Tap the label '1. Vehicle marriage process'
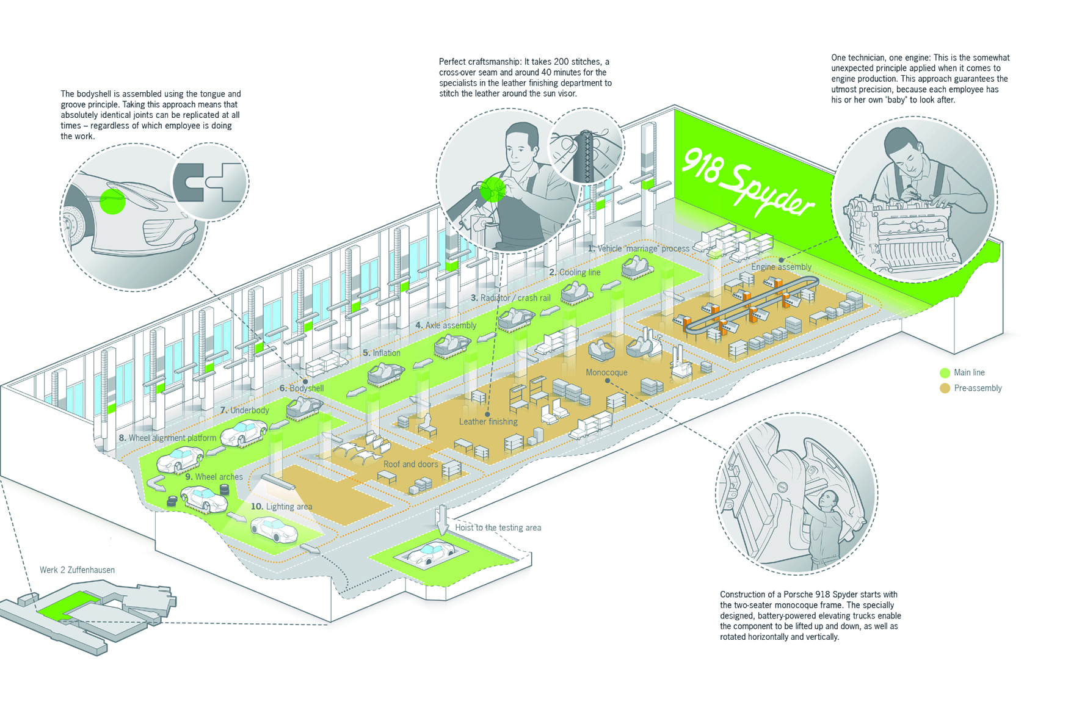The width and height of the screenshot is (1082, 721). pyautogui.click(x=638, y=248)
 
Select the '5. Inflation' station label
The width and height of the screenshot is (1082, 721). pyautogui.click(x=382, y=353)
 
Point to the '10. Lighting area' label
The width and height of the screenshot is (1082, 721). pyautogui.click(x=281, y=507)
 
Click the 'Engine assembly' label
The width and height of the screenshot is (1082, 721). pyautogui.click(x=781, y=267)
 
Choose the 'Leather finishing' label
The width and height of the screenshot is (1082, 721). pyautogui.click(x=488, y=422)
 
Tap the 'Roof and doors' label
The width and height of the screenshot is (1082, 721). pyautogui.click(x=411, y=464)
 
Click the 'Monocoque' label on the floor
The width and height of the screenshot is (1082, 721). pyautogui.click(x=606, y=372)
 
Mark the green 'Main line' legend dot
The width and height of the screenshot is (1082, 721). pyautogui.click(x=945, y=373)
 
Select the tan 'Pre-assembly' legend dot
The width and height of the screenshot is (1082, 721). pyautogui.click(x=945, y=389)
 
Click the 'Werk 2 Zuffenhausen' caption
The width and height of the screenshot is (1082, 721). pyautogui.click(x=77, y=570)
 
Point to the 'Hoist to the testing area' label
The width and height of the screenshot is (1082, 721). pyautogui.click(x=498, y=527)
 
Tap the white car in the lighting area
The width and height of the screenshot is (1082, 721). pyautogui.click(x=274, y=529)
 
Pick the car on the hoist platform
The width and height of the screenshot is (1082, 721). pyautogui.click(x=431, y=553)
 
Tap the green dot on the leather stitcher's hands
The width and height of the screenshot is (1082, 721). pyautogui.click(x=492, y=190)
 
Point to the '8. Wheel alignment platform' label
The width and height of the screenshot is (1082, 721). pyautogui.click(x=167, y=438)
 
